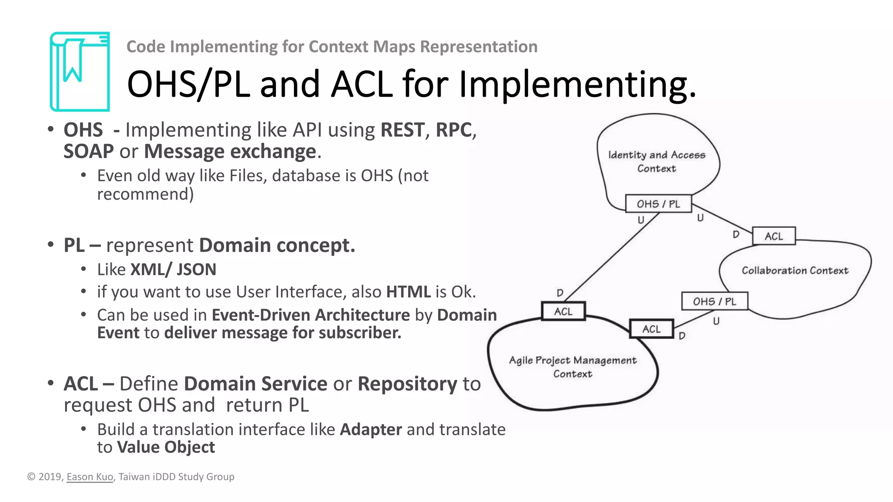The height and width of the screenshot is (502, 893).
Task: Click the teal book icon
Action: click(x=80, y=71)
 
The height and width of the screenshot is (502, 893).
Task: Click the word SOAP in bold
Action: click(x=89, y=151)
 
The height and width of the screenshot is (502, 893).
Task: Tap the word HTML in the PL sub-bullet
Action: click(x=408, y=292)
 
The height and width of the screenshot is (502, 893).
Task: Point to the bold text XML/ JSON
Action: click(x=173, y=269)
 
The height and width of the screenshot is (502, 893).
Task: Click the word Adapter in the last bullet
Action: click(x=371, y=429)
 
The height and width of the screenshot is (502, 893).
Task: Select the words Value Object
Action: click(x=166, y=447)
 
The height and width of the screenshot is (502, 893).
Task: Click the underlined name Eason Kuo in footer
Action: click(x=90, y=477)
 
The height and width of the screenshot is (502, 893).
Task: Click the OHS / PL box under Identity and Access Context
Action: click(x=658, y=204)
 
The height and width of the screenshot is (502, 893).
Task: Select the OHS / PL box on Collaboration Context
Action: click(x=714, y=301)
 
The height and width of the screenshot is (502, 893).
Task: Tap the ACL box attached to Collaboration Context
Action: click(x=774, y=236)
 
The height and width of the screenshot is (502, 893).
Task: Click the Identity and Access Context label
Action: click(x=656, y=162)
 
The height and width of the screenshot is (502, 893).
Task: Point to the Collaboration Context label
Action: click(x=795, y=271)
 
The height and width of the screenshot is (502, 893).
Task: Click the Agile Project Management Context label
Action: click(x=573, y=367)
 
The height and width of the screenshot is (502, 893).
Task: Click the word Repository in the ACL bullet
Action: click(x=407, y=384)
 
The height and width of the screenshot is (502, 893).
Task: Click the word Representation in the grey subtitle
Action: click(x=478, y=47)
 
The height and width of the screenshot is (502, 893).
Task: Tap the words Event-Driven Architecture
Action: click(x=310, y=315)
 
